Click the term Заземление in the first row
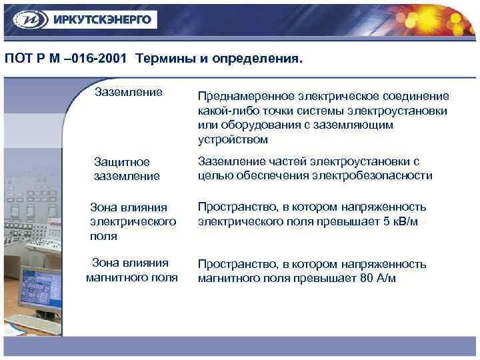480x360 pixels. coord(129,91)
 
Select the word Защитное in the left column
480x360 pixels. coord(122,162)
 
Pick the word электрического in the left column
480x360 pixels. coord(133,221)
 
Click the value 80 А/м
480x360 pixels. coord(377,279)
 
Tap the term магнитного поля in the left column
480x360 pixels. coord(132,277)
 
